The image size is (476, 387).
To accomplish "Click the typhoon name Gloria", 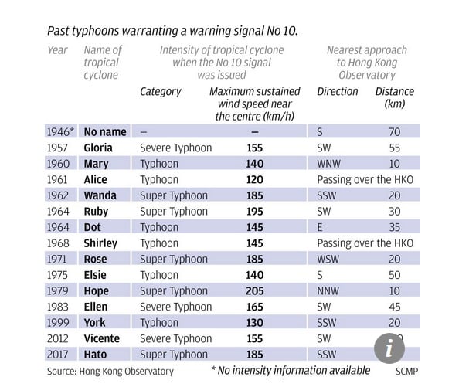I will click(x=98, y=148).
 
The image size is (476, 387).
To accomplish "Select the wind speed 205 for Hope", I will click(x=254, y=290).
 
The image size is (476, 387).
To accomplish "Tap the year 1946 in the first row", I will click(x=60, y=132).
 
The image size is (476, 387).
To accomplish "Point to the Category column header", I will click(x=161, y=91).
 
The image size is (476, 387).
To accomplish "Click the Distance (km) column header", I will click(x=395, y=97).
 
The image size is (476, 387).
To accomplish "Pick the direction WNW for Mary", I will click(x=330, y=164).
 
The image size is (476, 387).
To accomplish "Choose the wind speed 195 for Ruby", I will click(x=254, y=211).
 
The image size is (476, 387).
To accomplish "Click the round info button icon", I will click(x=389, y=348).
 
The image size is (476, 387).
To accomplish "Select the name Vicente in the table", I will click(x=101, y=338).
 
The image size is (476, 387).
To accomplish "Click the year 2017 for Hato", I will click(x=58, y=355).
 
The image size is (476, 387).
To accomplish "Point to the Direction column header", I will click(x=338, y=91).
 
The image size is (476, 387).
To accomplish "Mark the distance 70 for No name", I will click(x=394, y=132).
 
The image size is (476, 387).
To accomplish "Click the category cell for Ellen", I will click(x=175, y=307).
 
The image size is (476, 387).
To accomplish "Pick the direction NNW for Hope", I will click(x=328, y=290).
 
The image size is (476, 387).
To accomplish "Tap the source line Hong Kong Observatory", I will click(x=110, y=372).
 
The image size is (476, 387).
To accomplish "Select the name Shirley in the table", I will click(x=100, y=243).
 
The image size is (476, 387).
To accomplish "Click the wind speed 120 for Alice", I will click(x=254, y=179).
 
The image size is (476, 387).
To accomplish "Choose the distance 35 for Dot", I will click(x=394, y=227).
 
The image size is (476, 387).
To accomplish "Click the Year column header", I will click(x=58, y=50).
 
